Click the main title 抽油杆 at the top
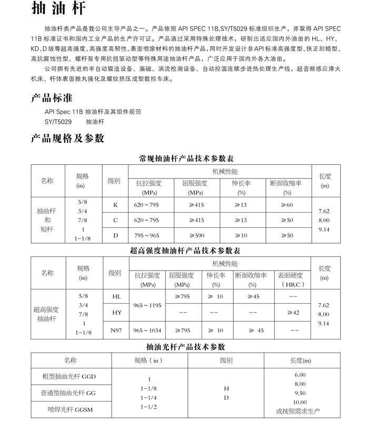click(x=56, y=11)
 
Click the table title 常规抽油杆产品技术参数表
click(x=190, y=158)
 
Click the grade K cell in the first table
click(x=115, y=205)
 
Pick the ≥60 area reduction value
click(x=287, y=205)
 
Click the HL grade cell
click(x=116, y=297)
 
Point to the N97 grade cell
click(x=116, y=330)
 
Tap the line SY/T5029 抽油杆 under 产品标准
click(x=75, y=122)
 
